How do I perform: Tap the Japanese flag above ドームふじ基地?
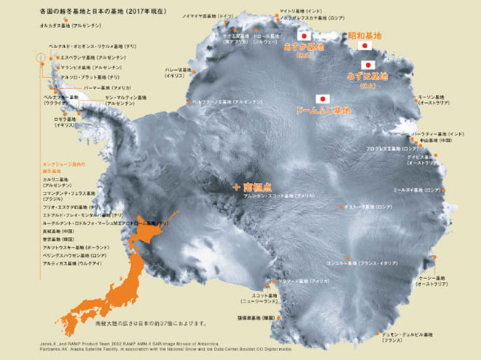pos(321,98)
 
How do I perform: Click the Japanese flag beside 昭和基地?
pos(365,46)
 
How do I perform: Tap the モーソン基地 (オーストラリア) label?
pos(437,98)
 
